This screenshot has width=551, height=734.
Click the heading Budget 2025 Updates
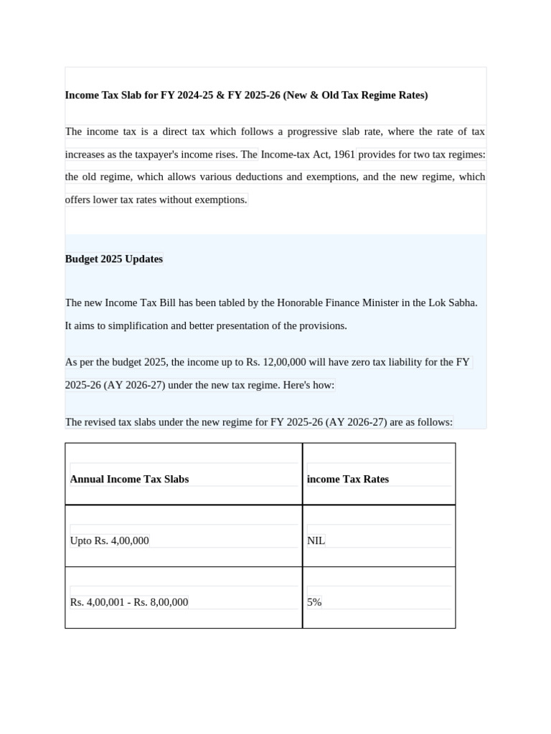tap(114, 259)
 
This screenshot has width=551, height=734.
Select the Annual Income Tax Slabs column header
tap(129, 479)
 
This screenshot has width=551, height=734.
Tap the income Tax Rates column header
tap(348, 479)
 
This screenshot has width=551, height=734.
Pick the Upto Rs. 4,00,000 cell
tap(110, 540)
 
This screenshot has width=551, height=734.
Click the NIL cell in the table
tap(316, 540)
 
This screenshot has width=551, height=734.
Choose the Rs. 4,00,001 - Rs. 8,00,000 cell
tap(129, 602)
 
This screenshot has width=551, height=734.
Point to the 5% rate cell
tap(314, 602)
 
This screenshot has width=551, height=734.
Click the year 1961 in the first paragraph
tap(344, 154)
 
